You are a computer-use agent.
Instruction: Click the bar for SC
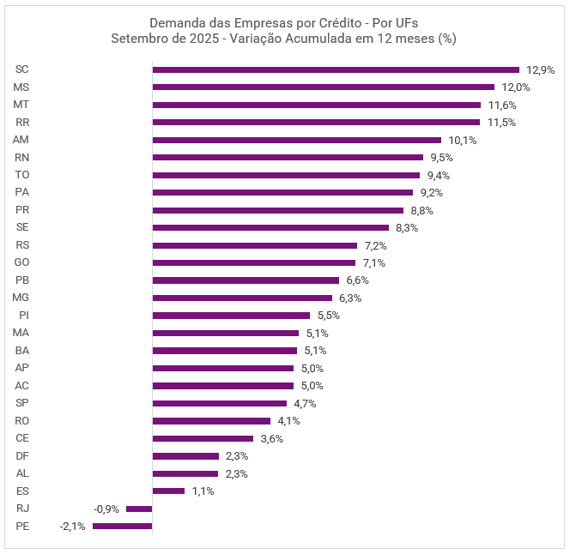coord(336,69)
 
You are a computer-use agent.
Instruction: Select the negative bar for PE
coord(122,526)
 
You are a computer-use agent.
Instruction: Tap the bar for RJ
coord(139,509)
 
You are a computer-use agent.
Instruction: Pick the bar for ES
coord(168,491)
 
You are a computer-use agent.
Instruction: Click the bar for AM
coord(296,140)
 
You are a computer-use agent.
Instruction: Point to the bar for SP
coord(219,403)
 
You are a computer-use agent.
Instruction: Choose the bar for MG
coord(242,298)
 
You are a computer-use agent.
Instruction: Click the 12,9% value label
coord(541,69)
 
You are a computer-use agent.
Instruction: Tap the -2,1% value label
coord(72,527)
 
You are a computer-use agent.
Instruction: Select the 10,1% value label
coord(462,140)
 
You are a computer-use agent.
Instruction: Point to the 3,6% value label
coord(271,438)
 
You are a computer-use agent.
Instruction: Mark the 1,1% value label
coord(203,491)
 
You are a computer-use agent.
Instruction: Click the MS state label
coord(21,87)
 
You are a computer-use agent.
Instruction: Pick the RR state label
coord(22,122)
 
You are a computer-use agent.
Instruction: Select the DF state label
coord(22,455)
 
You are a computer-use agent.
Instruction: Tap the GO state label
coord(22,262)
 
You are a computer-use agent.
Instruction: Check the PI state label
coord(24,315)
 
